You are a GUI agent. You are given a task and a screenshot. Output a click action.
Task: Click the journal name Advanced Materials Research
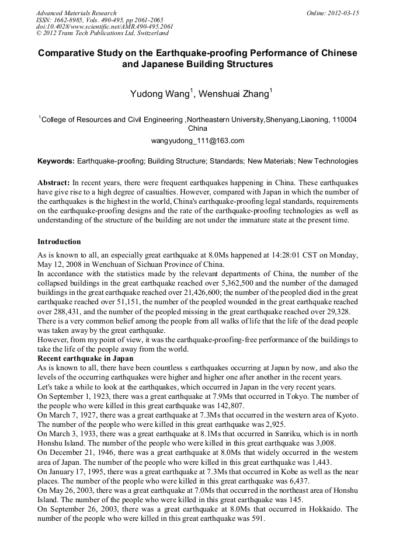pyautogui.click(x=76, y=13)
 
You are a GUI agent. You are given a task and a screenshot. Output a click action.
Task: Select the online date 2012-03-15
pyautogui.click(x=345, y=13)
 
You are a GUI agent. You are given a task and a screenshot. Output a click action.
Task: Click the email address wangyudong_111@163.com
pyautogui.click(x=197, y=141)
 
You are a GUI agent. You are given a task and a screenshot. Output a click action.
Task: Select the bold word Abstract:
pyautogui.click(x=54, y=182)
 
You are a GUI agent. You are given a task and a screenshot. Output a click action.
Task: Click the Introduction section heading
pyautogui.click(x=59, y=241)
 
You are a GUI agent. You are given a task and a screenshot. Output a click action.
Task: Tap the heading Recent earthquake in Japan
pyautogui.click(x=85, y=358)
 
